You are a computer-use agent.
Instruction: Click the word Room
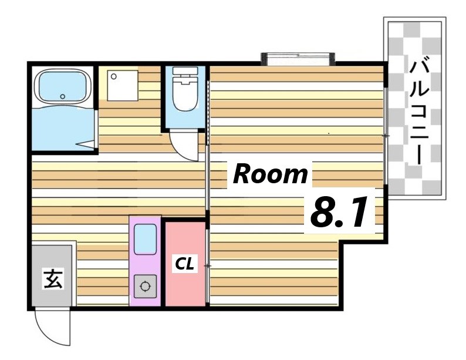270,174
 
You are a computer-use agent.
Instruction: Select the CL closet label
184,264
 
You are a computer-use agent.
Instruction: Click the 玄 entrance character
53,278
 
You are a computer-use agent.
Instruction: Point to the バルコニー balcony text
419,112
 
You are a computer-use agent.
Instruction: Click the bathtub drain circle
62,96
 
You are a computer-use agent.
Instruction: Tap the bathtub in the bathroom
62,87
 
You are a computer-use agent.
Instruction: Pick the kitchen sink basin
146,239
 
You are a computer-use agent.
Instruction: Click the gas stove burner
145,287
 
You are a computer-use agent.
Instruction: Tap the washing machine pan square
123,86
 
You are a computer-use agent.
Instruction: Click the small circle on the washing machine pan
113,76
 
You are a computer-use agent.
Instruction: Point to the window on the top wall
298,59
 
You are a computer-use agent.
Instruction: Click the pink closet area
185,264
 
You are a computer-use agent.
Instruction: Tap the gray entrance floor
52,275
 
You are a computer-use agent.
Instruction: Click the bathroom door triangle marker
85,144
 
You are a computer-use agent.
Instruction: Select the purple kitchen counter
145,261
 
